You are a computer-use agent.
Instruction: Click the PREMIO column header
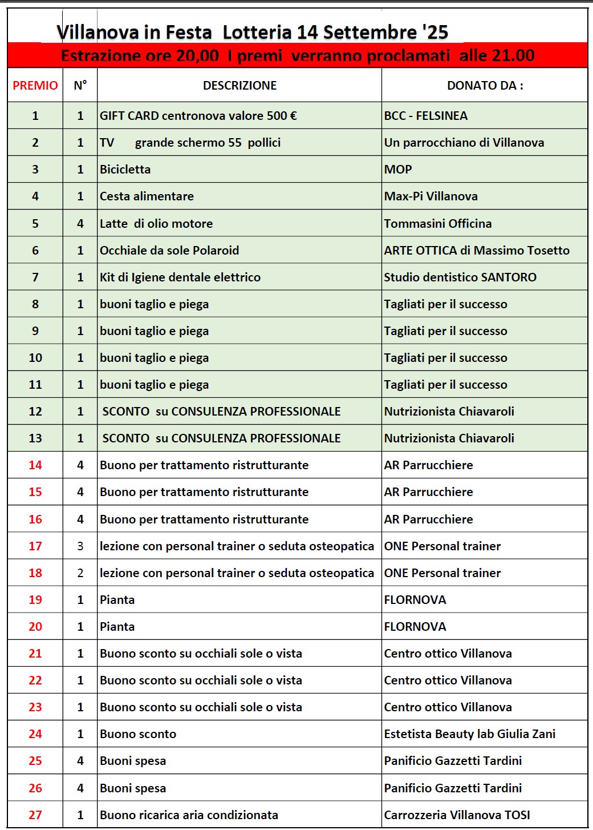[35, 86]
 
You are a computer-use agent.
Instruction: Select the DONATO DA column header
[485, 86]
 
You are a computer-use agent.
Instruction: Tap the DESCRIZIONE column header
[239, 86]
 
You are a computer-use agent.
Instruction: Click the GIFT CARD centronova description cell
[198, 116]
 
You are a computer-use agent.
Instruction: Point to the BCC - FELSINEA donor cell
[426, 116]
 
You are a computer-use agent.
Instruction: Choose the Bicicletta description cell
[125, 170]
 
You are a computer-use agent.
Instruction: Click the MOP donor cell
[398, 170]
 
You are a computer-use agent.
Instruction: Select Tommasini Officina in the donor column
[438, 224]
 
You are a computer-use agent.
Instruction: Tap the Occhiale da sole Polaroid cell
[169, 251]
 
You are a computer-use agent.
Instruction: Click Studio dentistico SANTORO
[460, 277]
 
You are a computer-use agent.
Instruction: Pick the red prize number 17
[35, 546]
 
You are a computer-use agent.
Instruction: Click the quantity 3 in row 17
[80, 546]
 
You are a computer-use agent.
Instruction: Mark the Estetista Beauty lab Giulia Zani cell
[470, 734]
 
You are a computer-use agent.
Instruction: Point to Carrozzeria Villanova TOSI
[457, 815]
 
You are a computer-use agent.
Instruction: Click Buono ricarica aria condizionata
[189, 815]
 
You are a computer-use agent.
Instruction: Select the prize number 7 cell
[35, 277]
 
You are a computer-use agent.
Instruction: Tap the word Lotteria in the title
[257, 33]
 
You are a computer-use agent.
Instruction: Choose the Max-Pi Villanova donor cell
[431, 196]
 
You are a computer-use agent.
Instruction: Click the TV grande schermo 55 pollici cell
[190, 143]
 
